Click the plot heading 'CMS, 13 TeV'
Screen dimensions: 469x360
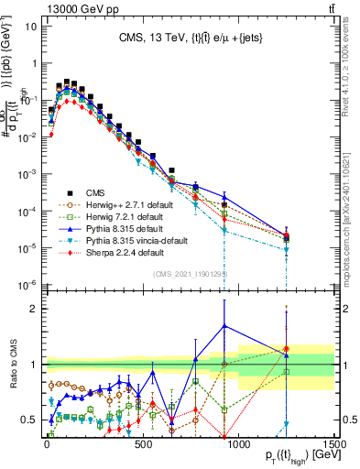tap(190, 38)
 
